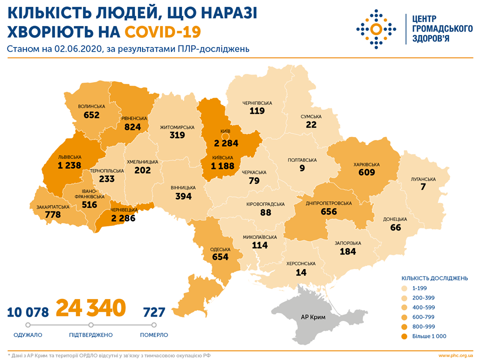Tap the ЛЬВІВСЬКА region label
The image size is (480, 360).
click(x=69, y=156)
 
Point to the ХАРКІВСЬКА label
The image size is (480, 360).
click(x=367, y=164)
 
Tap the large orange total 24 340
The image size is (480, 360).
click(x=90, y=308)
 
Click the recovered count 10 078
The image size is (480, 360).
click(x=28, y=312)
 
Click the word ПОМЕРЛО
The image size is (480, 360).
click(x=153, y=335)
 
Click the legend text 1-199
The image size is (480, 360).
click(x=422, y=288)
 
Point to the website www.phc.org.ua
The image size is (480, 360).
click(x=455, y=355)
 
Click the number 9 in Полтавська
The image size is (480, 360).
click(x=302, y=168)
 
